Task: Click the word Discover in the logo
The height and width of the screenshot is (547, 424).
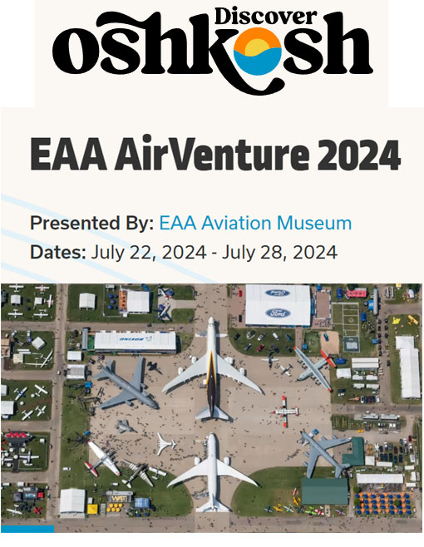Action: click(x=265, y=17)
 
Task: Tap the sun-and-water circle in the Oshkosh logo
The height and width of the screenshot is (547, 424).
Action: click(x=258, y=52)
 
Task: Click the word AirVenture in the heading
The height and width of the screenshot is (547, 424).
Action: click(x=212, y=154)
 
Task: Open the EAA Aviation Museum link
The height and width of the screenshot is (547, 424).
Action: click(x=255, y=224)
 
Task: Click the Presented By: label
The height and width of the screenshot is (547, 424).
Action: click(x=92, y=224)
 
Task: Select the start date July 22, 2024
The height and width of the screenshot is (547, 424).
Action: click(x=149, y=252)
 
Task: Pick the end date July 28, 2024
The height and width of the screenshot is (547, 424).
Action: click(x=279, y=252)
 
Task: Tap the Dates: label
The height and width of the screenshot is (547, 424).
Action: click(x=58, y=252)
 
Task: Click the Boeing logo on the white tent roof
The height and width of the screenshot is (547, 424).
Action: click(x=136, y=338)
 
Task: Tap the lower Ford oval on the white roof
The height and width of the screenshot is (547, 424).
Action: click(x=279, y=313)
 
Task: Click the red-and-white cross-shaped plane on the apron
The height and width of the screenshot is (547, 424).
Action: click(x=286, y=411)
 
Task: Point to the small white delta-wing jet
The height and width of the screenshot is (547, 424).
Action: click(x=165, y=444)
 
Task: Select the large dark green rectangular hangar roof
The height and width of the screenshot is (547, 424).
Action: click(x=325, y=491)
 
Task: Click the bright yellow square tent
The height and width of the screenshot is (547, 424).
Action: click(x=92, y=509)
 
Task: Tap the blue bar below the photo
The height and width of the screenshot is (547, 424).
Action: click(x=27, y=529)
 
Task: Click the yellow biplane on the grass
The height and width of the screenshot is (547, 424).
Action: click(x=413, y=319)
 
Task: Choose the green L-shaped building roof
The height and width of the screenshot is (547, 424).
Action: click(x=354, y=452)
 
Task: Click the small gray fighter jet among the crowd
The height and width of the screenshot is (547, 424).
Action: click(x=126, y=426)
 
